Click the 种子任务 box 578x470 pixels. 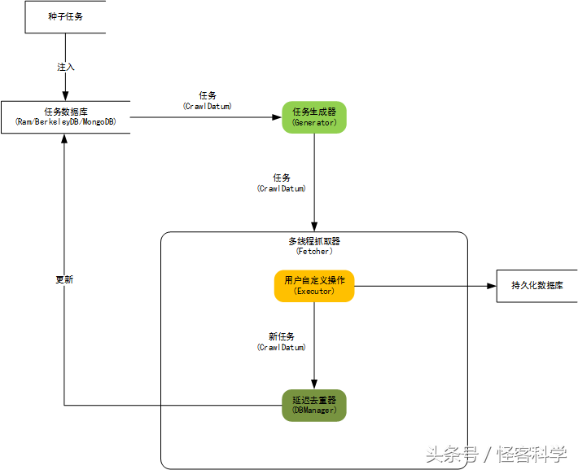(65, 17)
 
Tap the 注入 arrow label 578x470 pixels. (66, 67)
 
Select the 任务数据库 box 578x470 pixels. (66, 117)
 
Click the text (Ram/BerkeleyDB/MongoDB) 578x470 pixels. (66, 121)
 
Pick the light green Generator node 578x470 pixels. (314, 117)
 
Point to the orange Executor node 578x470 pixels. (314, 286)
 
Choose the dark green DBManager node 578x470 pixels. (314, 406)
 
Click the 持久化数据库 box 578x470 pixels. (537, 286)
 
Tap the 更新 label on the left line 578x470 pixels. (64, 279)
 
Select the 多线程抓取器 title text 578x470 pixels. (314, 241)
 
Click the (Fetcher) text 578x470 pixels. (314, 252)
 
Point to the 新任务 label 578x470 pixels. (282, 336)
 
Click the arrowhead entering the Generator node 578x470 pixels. (278, 117)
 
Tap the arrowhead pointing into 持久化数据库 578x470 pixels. (492, 286)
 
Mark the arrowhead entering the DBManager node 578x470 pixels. (314, 384)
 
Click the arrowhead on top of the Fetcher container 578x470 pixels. (314, 227)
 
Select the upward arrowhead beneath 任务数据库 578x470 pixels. (64, 138)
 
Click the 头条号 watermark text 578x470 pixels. (452, 455)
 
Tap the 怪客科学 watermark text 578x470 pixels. (532, 455)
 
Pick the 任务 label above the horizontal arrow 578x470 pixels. (208, 95)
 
